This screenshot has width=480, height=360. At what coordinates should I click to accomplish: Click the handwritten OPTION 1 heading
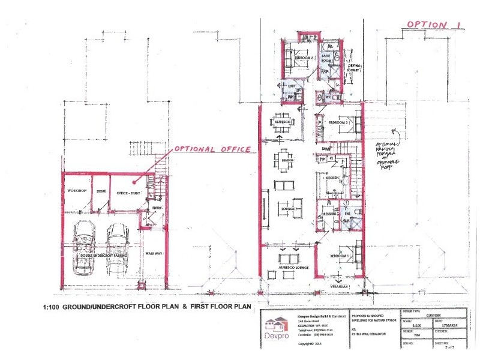click(x=434, y=25)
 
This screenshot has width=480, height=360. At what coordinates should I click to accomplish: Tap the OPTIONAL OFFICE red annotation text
click(x=212, y=149)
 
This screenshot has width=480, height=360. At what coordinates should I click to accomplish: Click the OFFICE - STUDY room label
click(x=128, y=191)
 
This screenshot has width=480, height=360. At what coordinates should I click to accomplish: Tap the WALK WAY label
click(x=154, y=254)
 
